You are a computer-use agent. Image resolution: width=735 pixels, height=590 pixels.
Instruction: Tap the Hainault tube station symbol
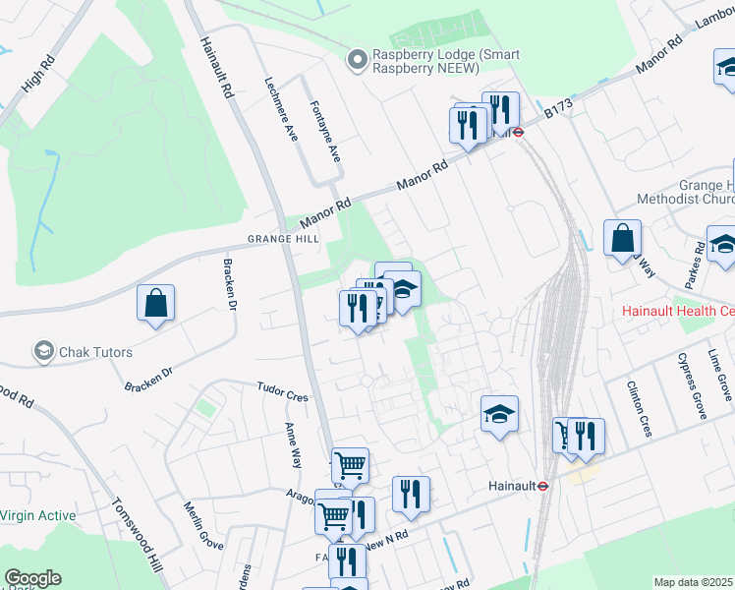pyautogui.click(x=541, y=486)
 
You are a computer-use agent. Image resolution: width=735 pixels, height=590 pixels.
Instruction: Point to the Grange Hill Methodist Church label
pyautogui.click(x=707, y=192)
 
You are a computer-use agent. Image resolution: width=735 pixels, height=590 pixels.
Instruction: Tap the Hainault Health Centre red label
pyautogui.click(x=679, y=311)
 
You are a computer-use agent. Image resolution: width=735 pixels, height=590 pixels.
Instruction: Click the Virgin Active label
pyautogui.click(x=37, y=514)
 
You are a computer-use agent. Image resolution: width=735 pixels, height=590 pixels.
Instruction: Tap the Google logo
pyautogui.click(x=32, y=578)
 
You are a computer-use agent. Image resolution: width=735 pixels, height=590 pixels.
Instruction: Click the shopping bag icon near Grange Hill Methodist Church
pyautogui.click(x=622, y=239)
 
